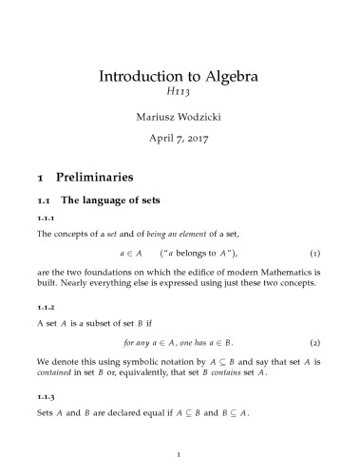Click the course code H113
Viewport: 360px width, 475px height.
(180, 94)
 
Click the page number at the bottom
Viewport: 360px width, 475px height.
(180, 455)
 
